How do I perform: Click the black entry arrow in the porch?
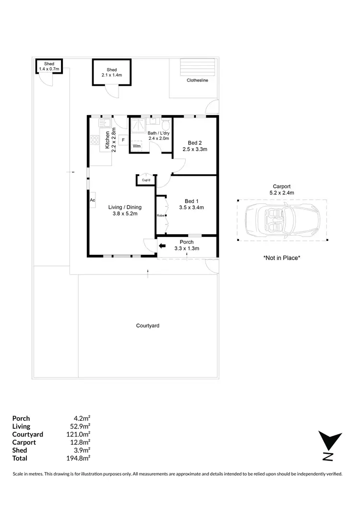(x=162, y=246)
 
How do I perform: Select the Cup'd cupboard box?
(x=145, y=180)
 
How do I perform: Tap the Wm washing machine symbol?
(x=137, y=146)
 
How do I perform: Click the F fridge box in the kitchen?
(x=123, y=140)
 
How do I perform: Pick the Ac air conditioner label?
(x=92, y=200)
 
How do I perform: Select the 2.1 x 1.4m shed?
(x=111, y=72)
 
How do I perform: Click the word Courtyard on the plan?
(x=147, y=325)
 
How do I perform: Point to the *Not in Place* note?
(x=282, y=258)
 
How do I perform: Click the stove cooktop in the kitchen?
(x=95, y=141)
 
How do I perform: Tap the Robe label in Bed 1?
(x=160, y=215)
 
